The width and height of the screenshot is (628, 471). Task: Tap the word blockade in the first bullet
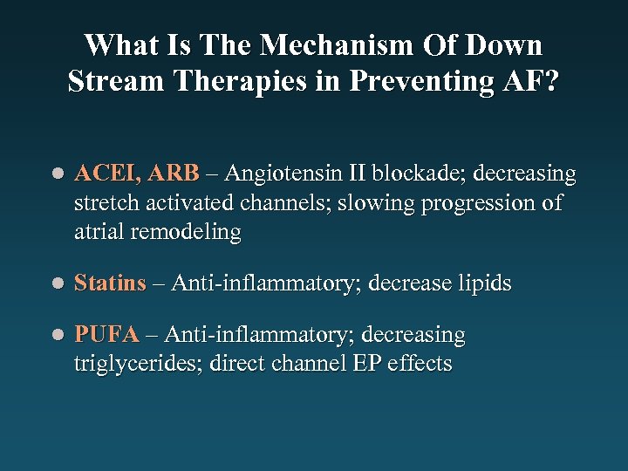point(423,174)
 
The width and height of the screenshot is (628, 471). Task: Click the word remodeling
point(188,232)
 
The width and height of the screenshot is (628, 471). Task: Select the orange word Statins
point(110,283)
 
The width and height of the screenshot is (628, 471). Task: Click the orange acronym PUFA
point(106,335)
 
